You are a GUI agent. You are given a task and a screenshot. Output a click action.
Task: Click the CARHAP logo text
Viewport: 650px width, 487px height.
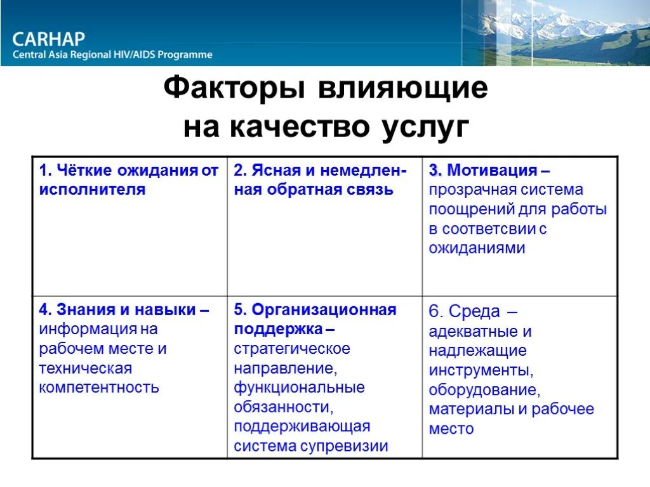(x=48, y=39)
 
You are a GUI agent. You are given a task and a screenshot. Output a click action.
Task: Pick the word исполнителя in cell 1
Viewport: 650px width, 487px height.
(x=92, y=190)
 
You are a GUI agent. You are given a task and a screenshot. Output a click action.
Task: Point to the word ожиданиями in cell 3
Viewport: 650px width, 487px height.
(x=477, y=248)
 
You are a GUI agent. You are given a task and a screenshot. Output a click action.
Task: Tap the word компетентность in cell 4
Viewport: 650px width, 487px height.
(x=99, y=387)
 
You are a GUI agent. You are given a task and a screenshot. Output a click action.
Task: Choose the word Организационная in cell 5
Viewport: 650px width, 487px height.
(x=324, y=310)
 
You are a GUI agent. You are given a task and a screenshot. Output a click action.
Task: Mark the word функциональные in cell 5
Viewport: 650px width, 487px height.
(x=299, y=387)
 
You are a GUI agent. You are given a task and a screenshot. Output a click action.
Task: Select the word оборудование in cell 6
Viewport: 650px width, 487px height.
(x=484, y=389)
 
